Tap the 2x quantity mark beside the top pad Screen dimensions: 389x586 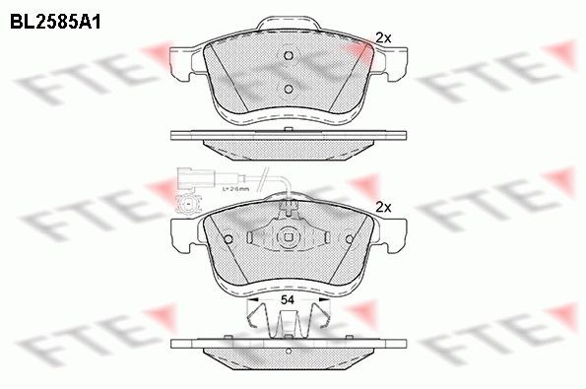384,38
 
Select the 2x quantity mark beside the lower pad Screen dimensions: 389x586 384,207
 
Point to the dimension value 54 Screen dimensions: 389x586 289,297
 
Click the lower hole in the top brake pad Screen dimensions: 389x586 289,90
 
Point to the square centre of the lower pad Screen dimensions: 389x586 289,236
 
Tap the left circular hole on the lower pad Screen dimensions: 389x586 228,239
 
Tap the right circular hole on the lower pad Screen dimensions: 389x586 350,238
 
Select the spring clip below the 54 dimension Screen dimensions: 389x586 289,320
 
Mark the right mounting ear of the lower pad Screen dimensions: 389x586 391,234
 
